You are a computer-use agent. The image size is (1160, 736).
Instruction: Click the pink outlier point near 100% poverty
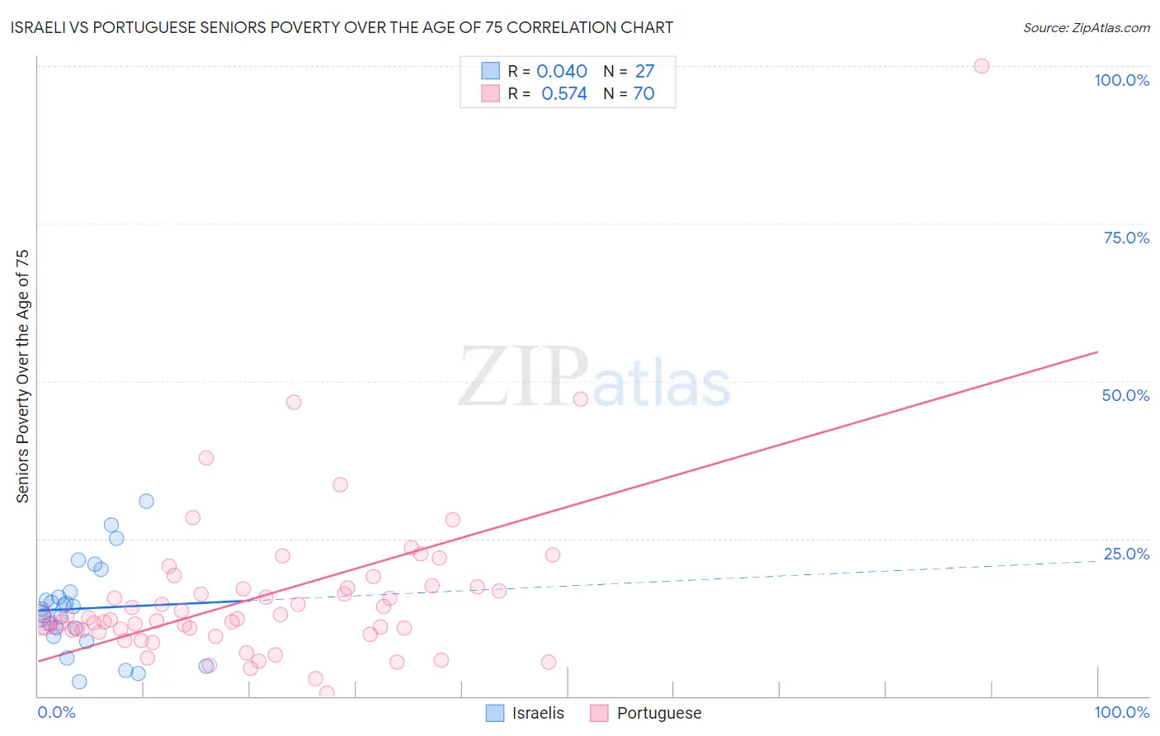coord(981,66)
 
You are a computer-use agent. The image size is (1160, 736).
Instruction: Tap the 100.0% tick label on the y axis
coord(1121,80)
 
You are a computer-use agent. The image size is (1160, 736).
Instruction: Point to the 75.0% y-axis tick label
coord(1125,238)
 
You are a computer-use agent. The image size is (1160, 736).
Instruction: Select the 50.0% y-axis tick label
coord(1125,395)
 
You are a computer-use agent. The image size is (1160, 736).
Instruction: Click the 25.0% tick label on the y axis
coord(1125,554)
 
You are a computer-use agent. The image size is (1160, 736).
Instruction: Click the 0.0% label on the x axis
coord(56,712)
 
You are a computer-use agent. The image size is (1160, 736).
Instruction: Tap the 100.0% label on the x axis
coord(1121,712)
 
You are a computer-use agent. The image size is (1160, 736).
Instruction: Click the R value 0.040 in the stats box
coord(561,72)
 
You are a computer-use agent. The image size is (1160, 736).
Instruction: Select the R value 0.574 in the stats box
coord(563,94)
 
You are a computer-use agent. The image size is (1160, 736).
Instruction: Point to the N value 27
coord(644,72)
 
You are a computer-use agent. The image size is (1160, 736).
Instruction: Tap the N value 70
coord(644,94)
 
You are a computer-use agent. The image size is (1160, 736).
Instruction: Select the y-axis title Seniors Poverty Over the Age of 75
coord(22,375)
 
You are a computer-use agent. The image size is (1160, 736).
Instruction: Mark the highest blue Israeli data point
coord(146,501)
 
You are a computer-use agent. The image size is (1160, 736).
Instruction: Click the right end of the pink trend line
coord(1097,352)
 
